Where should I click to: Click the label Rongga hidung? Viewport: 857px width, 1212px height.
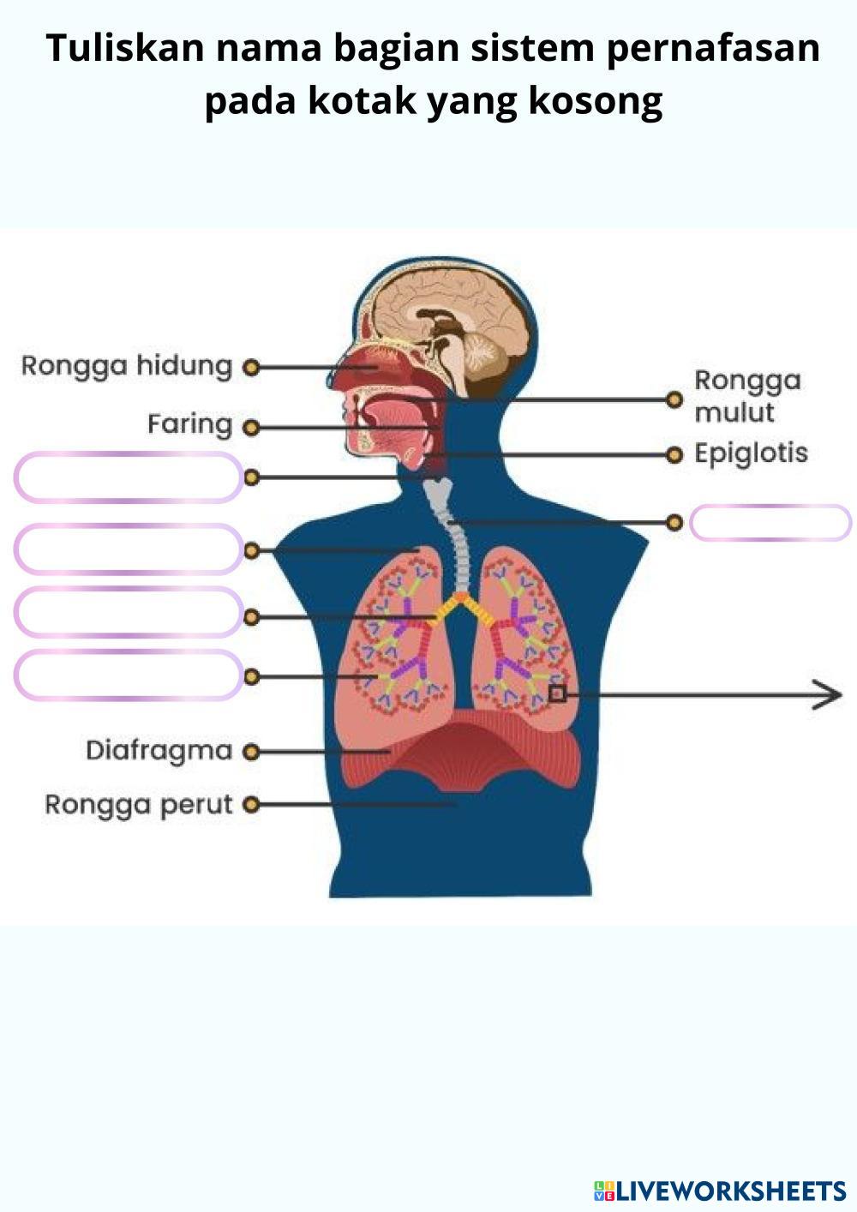coord(126,366)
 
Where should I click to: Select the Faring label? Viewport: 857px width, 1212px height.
coord(189,424)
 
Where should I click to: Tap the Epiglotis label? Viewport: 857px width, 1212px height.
coord(751,453)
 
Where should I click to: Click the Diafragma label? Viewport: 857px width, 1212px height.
coord(159,751)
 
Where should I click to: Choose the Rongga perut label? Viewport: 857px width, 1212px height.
coord(139,805)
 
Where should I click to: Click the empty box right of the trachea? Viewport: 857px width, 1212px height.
coord(770,523)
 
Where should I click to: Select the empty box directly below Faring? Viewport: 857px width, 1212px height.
coord(129,477)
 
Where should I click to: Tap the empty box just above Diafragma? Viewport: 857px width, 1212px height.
coord(129,675)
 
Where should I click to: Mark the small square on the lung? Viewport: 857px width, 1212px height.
coord(557,693)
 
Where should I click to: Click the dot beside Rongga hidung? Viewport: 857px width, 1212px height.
coord(251,368)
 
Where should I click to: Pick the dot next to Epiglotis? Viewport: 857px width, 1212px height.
coord(674,454)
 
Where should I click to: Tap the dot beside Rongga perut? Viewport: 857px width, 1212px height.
coord(251,805)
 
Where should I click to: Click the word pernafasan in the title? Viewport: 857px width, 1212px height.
coord(713,48)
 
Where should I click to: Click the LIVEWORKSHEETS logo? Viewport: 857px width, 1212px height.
coord(720,1190)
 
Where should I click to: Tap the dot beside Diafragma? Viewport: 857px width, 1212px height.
coord(251,752)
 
